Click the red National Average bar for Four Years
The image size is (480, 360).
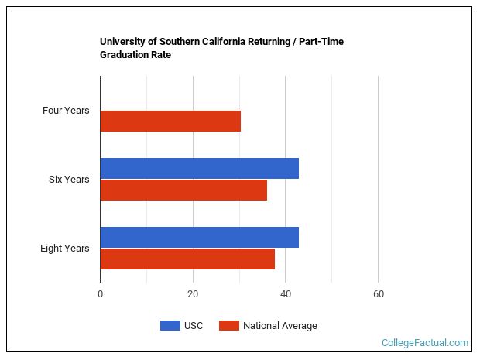[170, 122]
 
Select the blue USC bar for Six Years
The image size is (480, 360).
[199, 168]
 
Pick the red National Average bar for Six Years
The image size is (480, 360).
[183, 190]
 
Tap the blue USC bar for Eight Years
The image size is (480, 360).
[199, 237]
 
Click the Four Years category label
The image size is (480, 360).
[66, 111]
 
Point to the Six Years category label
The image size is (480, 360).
[69, 180]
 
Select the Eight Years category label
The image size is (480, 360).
[65, 249]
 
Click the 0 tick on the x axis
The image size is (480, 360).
[100, 294]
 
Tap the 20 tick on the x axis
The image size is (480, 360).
[193, 294]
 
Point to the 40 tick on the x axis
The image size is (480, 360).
[285, 294]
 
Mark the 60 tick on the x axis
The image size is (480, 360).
[378, 294]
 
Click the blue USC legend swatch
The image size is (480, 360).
[170, 326]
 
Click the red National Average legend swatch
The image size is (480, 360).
[228, 326]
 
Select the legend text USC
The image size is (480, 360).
[194, 326]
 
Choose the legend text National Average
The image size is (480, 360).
[279, 326]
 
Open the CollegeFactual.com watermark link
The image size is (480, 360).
[425, 342]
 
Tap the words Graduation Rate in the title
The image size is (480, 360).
[135, 55]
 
